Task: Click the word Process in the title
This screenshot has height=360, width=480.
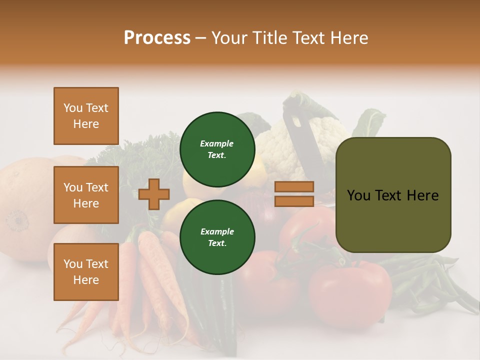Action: (157, 38)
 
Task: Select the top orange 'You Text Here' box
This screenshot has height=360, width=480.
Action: (86, 116)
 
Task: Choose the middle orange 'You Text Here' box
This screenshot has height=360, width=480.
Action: (86, 195)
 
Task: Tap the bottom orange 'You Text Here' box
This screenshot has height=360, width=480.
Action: (86, 272)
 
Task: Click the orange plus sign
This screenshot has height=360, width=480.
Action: (154, 194)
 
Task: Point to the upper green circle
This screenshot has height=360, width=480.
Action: (217, 149)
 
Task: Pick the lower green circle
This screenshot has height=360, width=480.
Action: (217, 237)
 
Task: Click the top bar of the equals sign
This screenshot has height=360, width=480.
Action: (294, 187)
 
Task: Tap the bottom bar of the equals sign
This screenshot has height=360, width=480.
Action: (294, 201)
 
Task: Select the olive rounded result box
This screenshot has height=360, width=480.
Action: (393, 195)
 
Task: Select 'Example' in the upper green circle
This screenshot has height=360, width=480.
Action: (216, 143)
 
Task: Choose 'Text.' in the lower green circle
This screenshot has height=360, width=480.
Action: (217, 243)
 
